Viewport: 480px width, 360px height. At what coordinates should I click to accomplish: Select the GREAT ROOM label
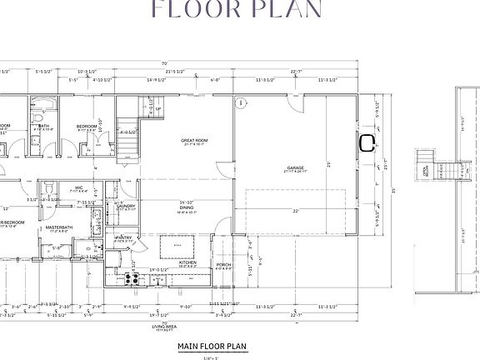(x=193, y=142)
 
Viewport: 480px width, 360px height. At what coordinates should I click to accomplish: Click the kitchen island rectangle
(x=177, y=247)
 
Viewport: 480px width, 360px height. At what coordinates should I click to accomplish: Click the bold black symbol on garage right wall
(x=366, y=142)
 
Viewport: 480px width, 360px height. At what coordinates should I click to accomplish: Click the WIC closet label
(x=78, y=187)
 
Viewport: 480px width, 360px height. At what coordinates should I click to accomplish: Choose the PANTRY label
(x=123, y=237)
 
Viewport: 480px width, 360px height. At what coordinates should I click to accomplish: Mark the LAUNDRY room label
(x=125, y=205)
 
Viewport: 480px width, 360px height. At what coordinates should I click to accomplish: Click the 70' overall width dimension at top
(x=165, y=63)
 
